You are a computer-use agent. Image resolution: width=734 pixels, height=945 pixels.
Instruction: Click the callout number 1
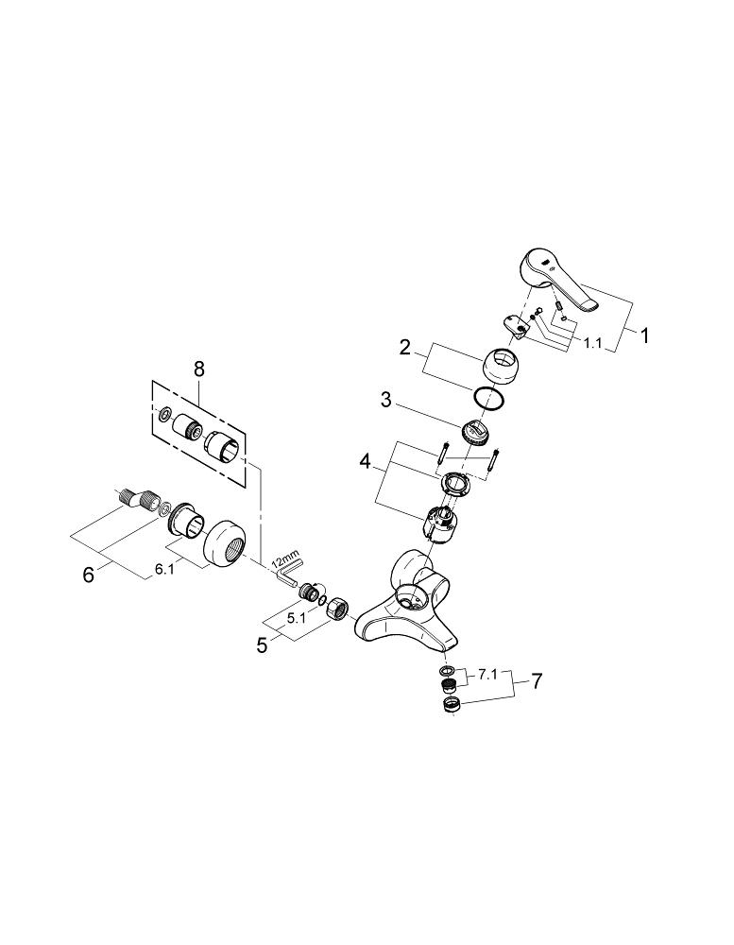coord(644,335)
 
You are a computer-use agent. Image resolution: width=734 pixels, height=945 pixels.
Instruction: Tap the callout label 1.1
coord(591,343)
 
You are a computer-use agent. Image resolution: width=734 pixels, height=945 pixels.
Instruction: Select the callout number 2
coord(405,347)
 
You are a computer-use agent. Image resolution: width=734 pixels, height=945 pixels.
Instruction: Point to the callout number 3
coord(386,400)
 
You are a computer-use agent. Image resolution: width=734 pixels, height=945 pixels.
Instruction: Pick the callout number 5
coord(262,645)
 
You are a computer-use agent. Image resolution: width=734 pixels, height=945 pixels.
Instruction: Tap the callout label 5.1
coord(297,618)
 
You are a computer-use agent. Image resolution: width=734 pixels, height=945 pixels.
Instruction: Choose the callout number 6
coord(89,575)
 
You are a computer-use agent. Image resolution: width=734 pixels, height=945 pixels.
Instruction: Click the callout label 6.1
coord(164,569)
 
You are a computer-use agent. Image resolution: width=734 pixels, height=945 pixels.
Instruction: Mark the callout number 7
coord(537,681)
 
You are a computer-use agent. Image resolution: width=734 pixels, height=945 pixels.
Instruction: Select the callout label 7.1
coord(486,676)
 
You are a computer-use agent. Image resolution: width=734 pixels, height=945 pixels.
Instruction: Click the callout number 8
coord(199,369)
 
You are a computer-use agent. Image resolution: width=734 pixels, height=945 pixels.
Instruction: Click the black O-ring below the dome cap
coord(488,399)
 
